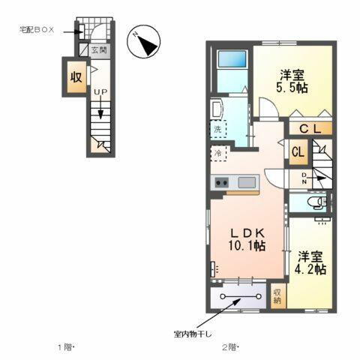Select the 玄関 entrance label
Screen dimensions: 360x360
tap(99, 51)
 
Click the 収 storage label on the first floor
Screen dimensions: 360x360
tap(76, 77)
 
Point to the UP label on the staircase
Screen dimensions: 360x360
tap(99, 92)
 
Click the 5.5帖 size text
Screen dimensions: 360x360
tap(292, 88)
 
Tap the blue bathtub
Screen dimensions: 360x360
tap(232, 61)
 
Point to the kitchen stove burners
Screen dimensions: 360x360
tap(222, 182)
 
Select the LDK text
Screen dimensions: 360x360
tap(248, 232)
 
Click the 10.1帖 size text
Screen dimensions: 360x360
tap(248, 245)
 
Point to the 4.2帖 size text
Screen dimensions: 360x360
tap(309, 268)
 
